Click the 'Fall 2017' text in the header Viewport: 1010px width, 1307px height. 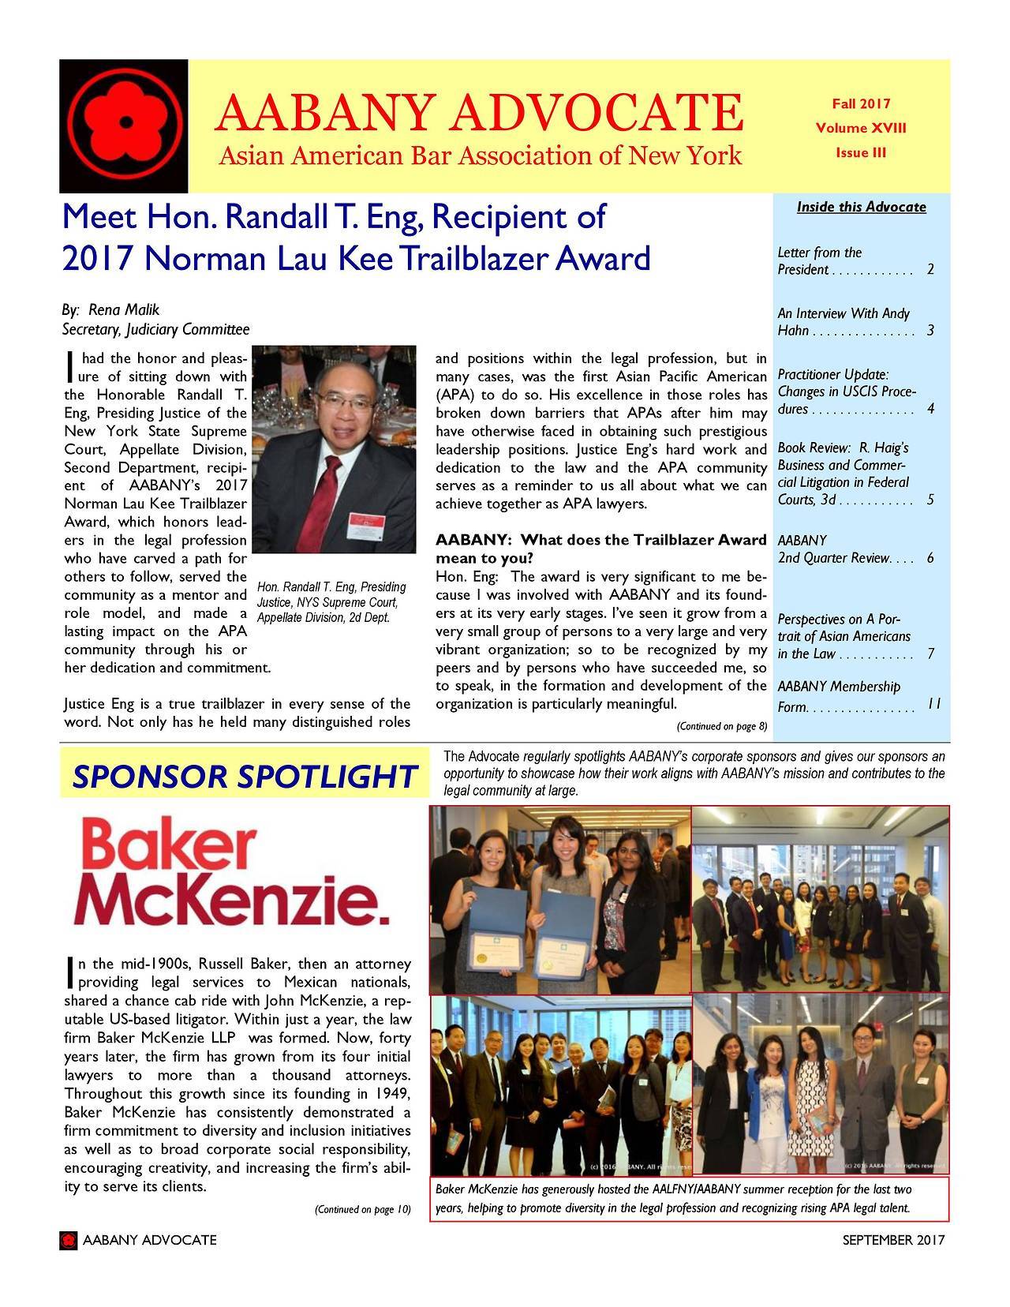(x=861, y=103)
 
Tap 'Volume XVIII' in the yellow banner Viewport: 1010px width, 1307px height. (x=861, y=128)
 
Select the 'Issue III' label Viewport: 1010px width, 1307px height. (x=861, y=152)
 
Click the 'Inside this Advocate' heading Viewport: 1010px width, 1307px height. (x=861, y=208)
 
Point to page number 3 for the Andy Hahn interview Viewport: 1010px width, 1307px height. (x=931, y=331)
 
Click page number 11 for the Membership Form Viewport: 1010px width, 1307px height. (x=933, y=705)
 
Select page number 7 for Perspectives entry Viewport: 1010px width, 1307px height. (x=931, y=654)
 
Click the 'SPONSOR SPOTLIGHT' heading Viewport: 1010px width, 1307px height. (x=244, y=777)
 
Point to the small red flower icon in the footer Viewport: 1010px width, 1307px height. (x=69, y=1241)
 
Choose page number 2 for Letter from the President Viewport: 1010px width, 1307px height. (x=931, y=270)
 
